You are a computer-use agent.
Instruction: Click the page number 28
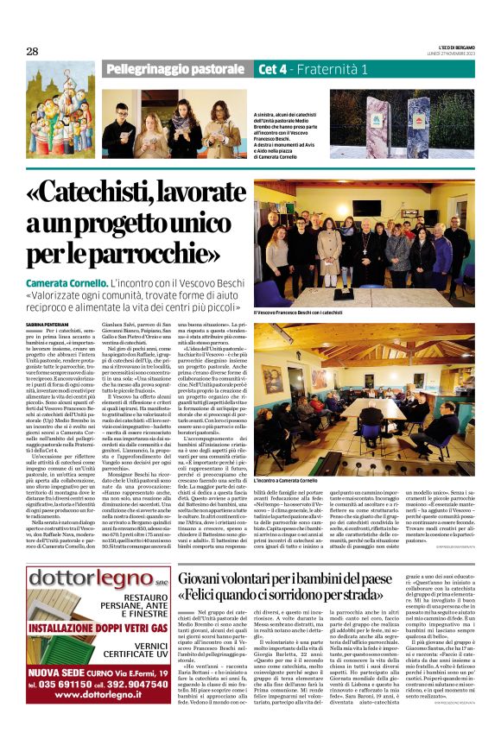pos(32,51)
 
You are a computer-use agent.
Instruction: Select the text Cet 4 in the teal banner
pos(274,67)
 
